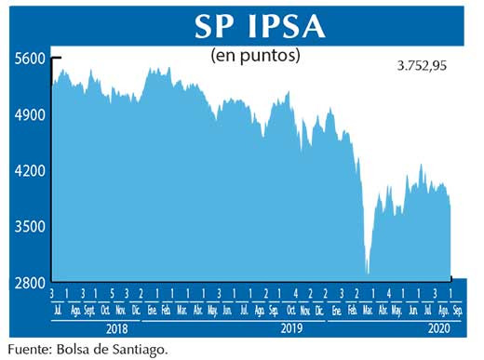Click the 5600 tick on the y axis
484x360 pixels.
(31, 59)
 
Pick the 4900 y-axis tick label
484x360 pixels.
(31, 115)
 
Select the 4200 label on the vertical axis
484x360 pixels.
(31, 171)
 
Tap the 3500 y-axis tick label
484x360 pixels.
(31, 227)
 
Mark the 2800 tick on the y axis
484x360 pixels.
(31, 283)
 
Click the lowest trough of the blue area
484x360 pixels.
(368, 273)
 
